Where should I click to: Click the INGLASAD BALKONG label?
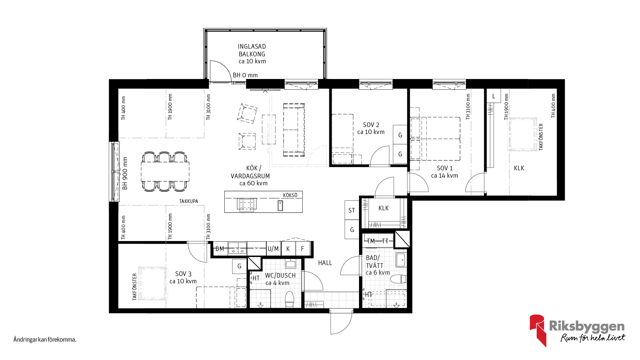pos(252,50)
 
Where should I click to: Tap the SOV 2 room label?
pos(371,125)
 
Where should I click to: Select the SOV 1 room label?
pos(445,168)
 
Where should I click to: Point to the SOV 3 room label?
pos(183,274)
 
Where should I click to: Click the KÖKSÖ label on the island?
pos(290,195)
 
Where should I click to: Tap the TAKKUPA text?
pos(189,201)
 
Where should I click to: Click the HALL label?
pos(325,263)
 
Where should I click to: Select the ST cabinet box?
pos(352,210)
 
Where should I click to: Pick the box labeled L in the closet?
pos(494,96)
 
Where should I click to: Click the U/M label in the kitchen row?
pos(273,249)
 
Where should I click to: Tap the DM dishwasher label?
pos(220,249)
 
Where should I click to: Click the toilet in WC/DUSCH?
pos(289,299)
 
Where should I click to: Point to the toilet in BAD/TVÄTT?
pos(398,279)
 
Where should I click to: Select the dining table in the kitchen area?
pos(165,171)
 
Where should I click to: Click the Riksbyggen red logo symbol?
pos(538,330)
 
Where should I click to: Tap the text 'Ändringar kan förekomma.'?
pos(45,340)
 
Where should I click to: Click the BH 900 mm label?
pos(125,173)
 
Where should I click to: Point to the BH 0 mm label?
pos(245,75)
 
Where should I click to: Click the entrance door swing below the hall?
pos(341,322)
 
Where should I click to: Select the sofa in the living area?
pos(294,130)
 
